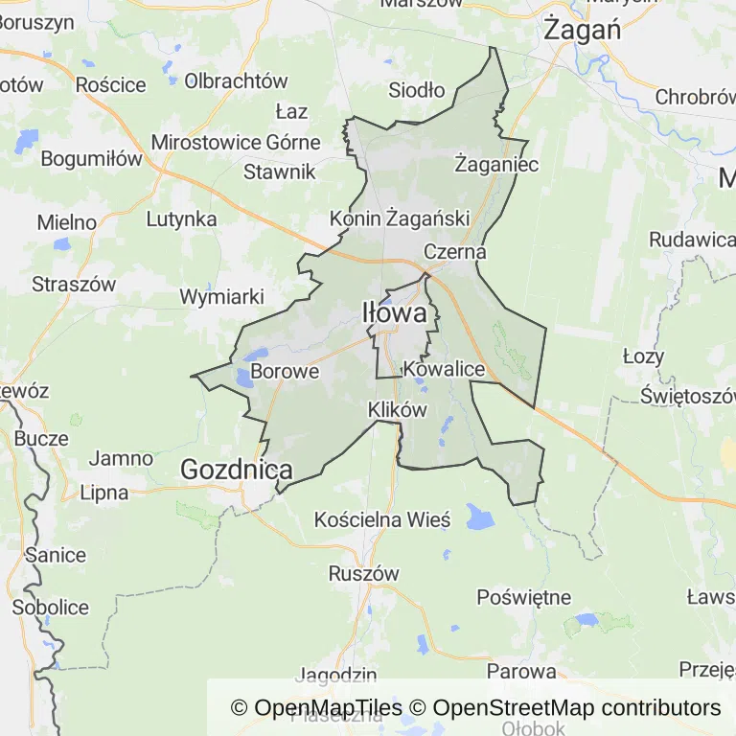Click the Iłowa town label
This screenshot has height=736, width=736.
pyautogui.click(x=394, y=312)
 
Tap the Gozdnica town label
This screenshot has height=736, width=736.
pyautogui.click(x=237, y=470)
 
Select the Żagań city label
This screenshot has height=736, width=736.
pyautogui.click(x=582, y=29)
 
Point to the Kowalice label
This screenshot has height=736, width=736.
pyautogui.click(x=444, y=369)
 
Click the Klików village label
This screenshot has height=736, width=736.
pyautogui.click(x=397, y=409)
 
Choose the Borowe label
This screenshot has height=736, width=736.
pyautogui.click(x=285, y=371)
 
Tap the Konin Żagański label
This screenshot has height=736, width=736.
pyautogui.click(x=400, y=218)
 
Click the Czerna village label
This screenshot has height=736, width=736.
pyautogui.click(x=455, y=252)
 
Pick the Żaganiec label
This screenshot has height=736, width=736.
pyautogui.click(x=496, y=163)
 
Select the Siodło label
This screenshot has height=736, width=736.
pyautogui.click(x=417, y=91)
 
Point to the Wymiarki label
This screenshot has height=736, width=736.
pyautogui.click(x=221, y=296)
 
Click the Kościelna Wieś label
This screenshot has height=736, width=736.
pyautogui.click(x=382, y=520)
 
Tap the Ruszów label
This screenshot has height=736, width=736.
pyautogui.click(x=363, y=573)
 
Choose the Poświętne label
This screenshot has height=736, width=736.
pyautogui.click(x=524, y=597)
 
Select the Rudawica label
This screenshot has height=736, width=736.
pyautogui.click(x=691, y=240)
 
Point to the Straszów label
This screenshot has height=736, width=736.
pyautogui.click(x=74, y=284)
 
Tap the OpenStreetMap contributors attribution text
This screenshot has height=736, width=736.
pyautogui.click(x=576, y=708)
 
